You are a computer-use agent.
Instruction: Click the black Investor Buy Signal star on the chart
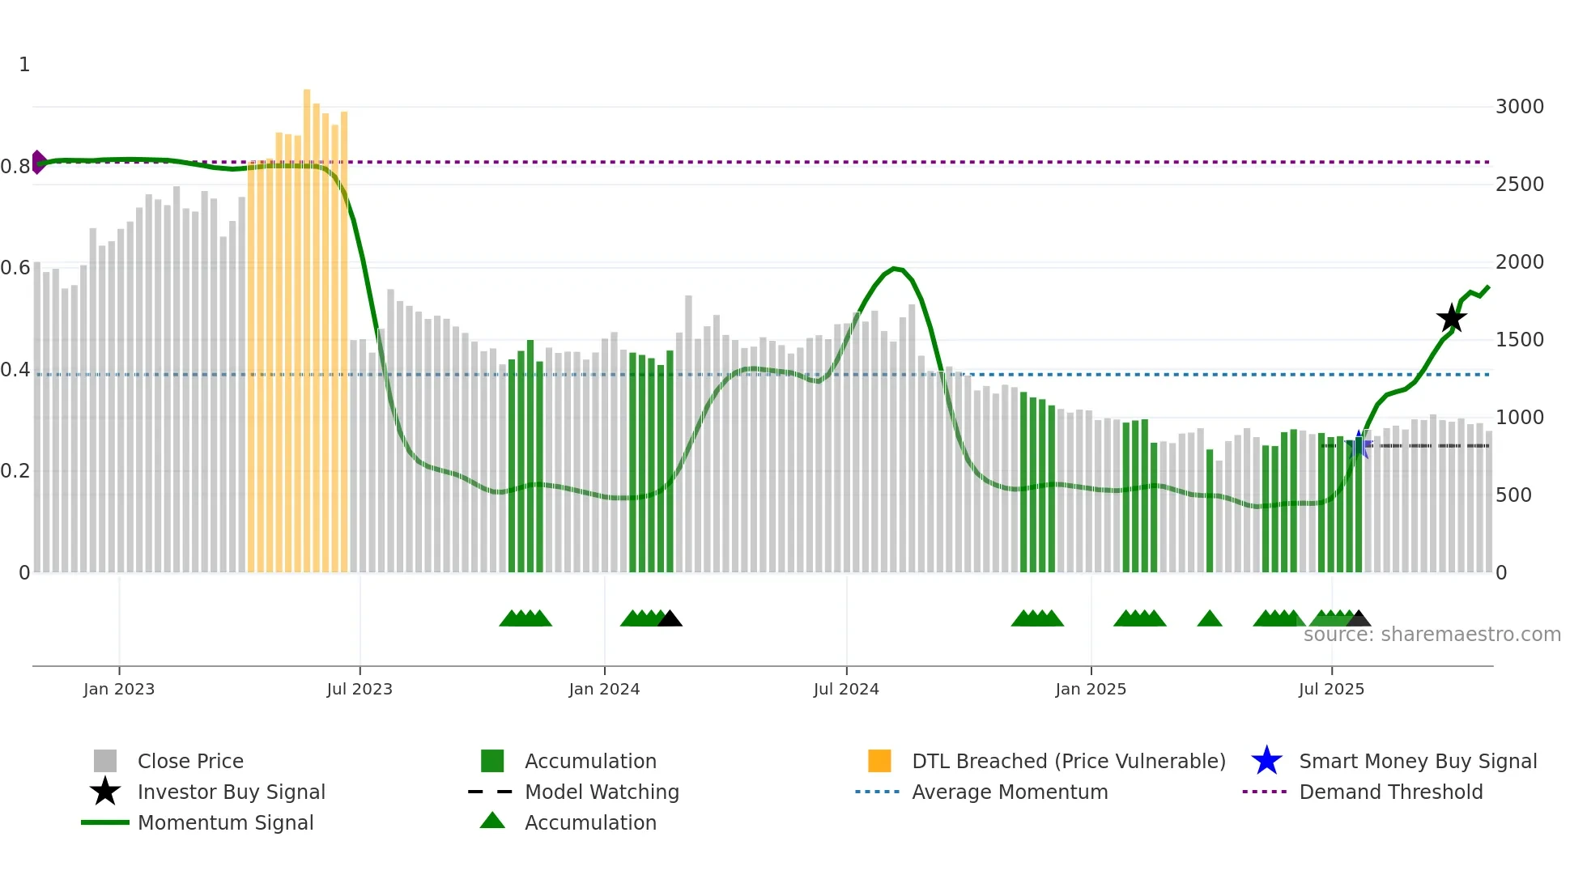tap(1451, 318)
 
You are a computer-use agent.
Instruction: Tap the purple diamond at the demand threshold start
tap(38, 162)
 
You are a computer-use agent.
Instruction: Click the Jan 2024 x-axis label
tap(604, 689)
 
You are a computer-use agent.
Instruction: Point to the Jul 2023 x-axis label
tap(360, 689)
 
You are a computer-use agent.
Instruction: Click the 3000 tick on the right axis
tap(1519, 107)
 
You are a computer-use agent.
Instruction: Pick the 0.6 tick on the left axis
tap(15, 268)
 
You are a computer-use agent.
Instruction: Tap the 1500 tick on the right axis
tap(1519, 340)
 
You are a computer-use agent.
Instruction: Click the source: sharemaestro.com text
tap(1432, 635)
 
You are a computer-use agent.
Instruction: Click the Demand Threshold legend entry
tap(1390, 792)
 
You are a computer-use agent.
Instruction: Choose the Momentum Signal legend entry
tap(225, 823)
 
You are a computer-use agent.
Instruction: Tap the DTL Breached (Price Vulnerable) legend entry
tap(1068, 762)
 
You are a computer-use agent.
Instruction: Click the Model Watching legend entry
tap(602, 792)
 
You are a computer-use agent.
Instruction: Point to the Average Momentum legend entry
tap(1010, 792)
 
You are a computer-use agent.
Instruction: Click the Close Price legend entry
tap(190, 762)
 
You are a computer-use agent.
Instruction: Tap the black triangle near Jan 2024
tap(670, 619)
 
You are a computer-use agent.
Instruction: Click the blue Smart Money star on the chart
tap(1359, 444)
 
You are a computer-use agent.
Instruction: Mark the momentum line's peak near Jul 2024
tap(894, 268)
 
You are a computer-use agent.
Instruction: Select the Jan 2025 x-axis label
tap(1091, 689)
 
